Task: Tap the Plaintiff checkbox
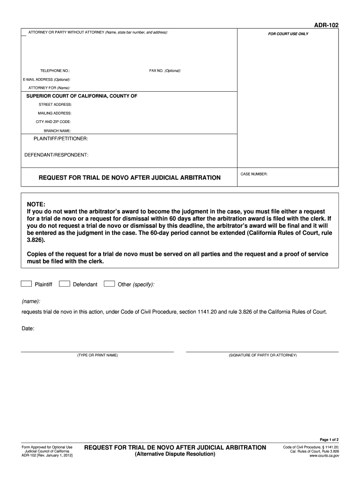[27, 283]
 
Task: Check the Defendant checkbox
[65, 283]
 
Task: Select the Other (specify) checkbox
[109, 283]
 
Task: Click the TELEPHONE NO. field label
[55, 71]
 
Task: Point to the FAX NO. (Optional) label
[165, 71]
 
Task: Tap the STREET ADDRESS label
[55, 104]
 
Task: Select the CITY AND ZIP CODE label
[54, 122]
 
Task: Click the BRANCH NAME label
[57, 131]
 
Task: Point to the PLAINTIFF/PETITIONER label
[60, 139]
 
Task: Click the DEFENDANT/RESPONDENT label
[56, 155]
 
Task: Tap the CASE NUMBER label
[254, 174]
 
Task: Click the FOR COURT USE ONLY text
[288, 34]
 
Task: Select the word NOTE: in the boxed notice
[36, 204]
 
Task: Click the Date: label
[28, 329]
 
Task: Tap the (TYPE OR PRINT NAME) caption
[98, 356]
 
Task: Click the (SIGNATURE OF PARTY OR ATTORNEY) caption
[263, 356]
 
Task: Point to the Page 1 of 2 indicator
[329, 440]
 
